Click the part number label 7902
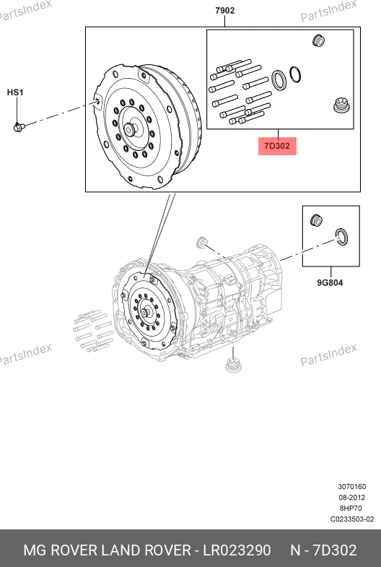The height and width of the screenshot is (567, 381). pyautogui.click(x=224, y=11)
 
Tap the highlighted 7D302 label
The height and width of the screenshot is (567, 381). pyautogui.click(x=277, y=146)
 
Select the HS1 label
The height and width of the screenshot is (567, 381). pyautogui.click(x=15, y=92)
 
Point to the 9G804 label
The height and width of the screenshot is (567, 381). pyautogui.click(x=330, y=282)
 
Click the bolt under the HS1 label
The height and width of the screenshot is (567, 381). pyautogui.click(x=19, y=127)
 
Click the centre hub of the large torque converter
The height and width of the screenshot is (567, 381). pyautogui.click(x=130, y=129)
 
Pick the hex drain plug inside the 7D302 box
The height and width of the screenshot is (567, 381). pyautogui.click(x=341, y=105)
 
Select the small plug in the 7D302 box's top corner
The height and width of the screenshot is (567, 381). pyautogui.click(x=318, y=40)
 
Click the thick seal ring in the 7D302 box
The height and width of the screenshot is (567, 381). pyautogui.click(x=279, y=80)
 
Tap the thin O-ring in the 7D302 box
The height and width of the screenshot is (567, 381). pyautogui.click(x=294, y=74)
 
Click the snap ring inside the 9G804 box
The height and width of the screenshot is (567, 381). pyautogui.click(x=341, y=236)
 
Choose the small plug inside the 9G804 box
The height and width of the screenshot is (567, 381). pyautogui.click(x=317, y=220)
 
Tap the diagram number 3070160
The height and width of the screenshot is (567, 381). pyautogui.click(x=351, y=487)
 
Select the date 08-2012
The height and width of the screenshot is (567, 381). pyautogui.click(x=351, y=498)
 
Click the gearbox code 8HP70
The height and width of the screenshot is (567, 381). pyautogui.click(x=351, y=508)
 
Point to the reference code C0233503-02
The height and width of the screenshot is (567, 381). pyautogui.click(x=352, y=519)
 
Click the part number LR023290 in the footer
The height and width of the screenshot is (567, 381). pyautogui.click(x=237, y=550)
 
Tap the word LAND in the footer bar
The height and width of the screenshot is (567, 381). pyautogui.click(x=121, y=550)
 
